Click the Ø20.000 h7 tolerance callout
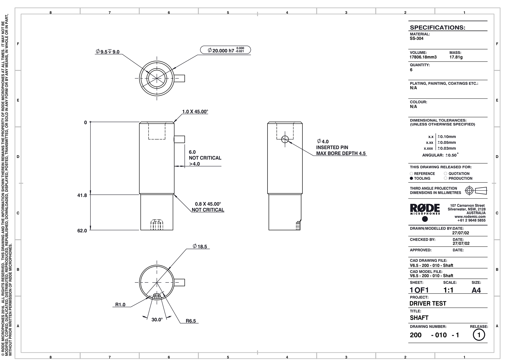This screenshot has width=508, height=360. tap(225, 50)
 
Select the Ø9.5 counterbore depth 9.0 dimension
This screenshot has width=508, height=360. tap(108, 52)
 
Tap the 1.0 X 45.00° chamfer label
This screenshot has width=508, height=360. tap(195, 112)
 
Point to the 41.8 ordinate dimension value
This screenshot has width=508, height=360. tap(82, 195)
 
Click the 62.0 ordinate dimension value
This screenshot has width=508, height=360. tap(82, 231)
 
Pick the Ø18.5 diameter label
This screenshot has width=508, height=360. tap(200, 247)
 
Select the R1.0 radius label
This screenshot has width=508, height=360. tap(120, 305)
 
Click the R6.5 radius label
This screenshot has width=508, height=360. tap(191, 321)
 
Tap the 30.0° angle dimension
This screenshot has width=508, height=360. tap(157, 320)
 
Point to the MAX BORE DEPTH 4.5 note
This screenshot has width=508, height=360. tap(341, 153)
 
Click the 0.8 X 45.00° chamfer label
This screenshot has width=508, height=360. tap(208, 204)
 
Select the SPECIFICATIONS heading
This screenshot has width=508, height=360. tap(437, 28)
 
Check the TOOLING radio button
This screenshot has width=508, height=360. tap(411, 179)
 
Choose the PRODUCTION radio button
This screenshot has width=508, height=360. tap(446, 179)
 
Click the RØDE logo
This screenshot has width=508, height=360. tap(425, 208)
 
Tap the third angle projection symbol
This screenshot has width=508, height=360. tap(475, 190)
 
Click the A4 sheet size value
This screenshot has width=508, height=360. tap(476, 290)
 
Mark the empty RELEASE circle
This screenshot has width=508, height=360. tap(479, 335)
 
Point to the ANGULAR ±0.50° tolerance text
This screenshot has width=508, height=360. tap(440, 155)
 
